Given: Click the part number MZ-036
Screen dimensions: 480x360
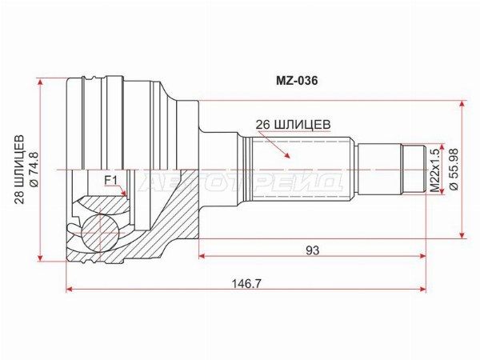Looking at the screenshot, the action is pyautogui.click(x=297, y=81).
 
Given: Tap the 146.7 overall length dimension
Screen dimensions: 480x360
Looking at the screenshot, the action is pyautogui.click(x=246, y=283).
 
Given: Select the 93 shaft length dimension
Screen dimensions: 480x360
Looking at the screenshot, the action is pyautogui.click(x=312, y=250).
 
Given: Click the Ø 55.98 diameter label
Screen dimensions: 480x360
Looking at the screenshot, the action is pyautogui.click(x=454, y=169).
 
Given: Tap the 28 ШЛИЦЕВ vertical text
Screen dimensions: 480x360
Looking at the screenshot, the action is pyautogui.click(x=19, y=170).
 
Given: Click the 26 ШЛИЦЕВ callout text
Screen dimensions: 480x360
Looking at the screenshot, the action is pyautogui.click(x=294, y=124).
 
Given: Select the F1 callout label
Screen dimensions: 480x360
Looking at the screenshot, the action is pyautogui.click(x=111, y=180).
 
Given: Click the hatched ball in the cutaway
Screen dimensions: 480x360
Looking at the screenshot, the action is pyautogui.click(x=100, y=233).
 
